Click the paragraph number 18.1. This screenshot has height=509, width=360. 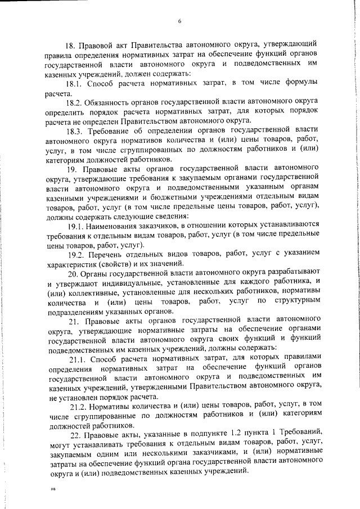click(75, 83)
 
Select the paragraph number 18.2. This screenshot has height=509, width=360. click(75, 103)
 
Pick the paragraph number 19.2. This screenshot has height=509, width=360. click(76, 254)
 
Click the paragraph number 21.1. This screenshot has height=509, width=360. click(78, 356)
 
